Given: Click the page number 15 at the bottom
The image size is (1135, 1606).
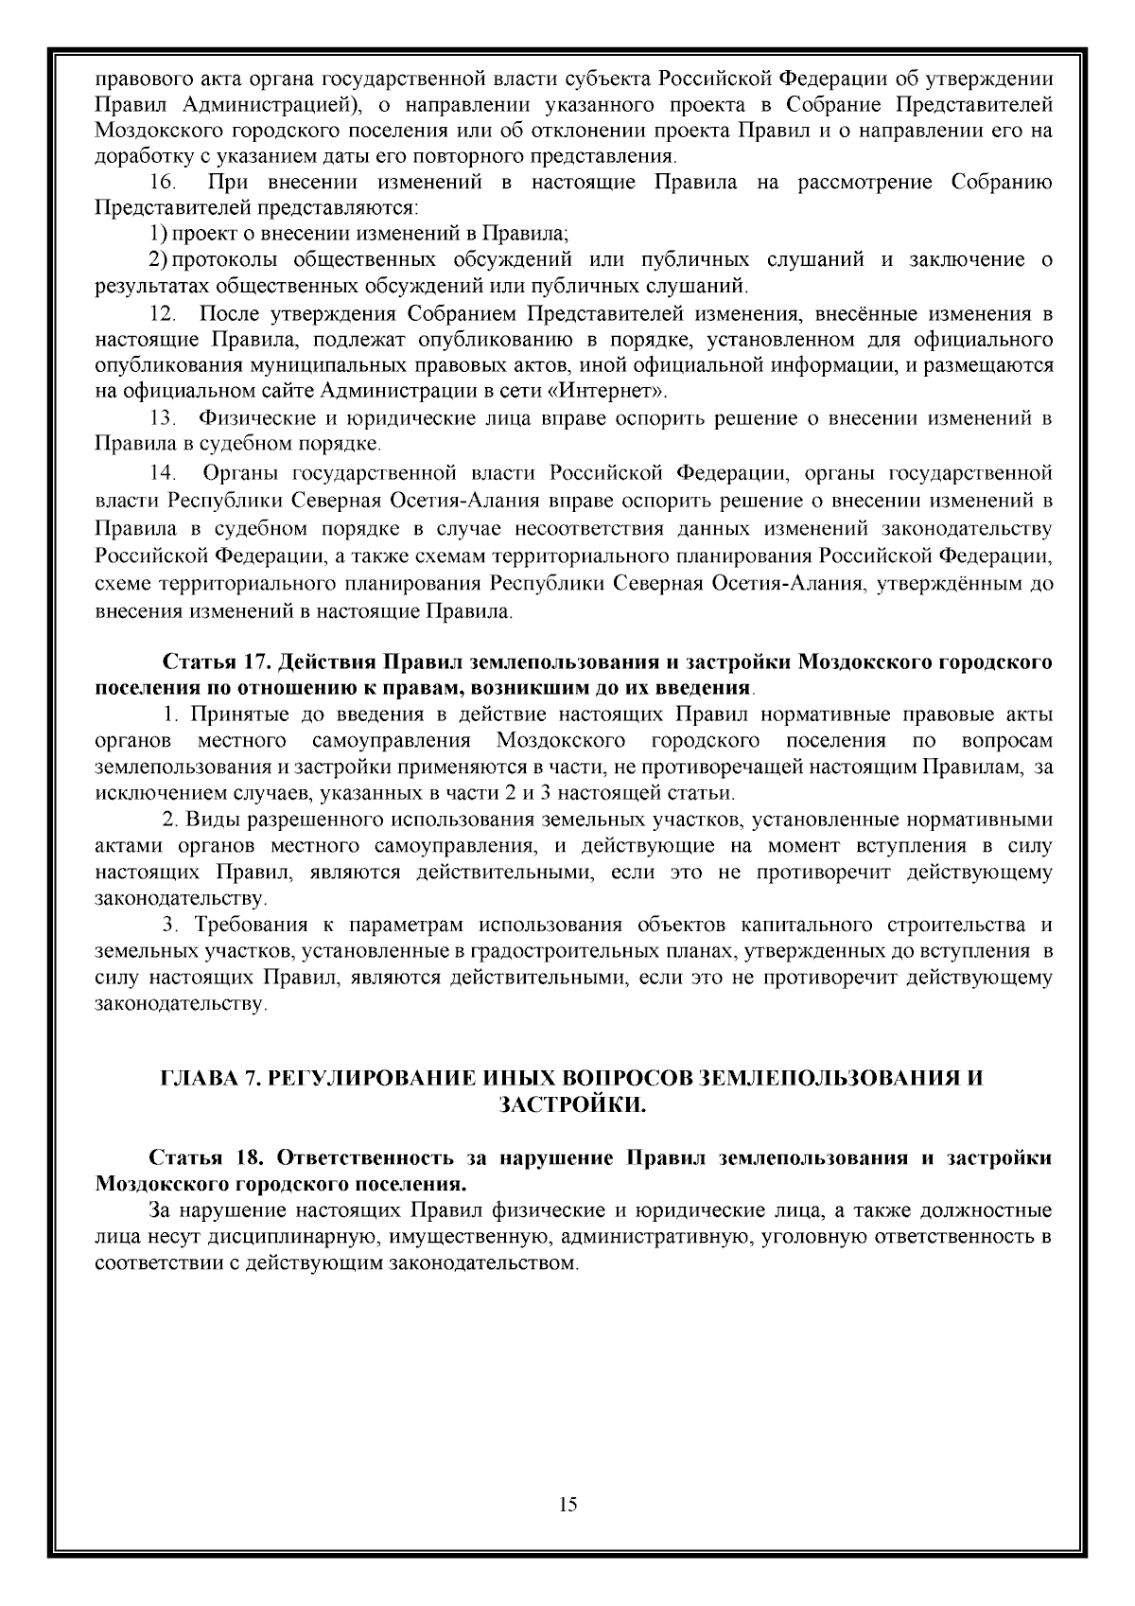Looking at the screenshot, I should tap(568, 1505).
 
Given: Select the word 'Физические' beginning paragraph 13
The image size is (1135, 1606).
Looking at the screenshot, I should tap(246, 418).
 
